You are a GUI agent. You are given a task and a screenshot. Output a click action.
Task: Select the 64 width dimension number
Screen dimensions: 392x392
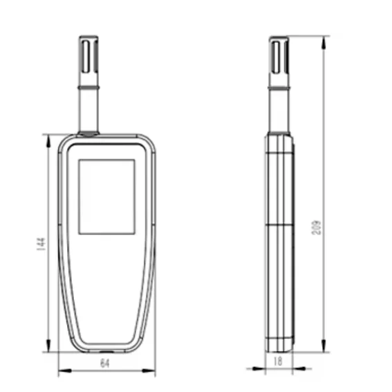click(x=105, y=363)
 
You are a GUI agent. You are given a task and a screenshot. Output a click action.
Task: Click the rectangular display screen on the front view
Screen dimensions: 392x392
click(x=106, y=197)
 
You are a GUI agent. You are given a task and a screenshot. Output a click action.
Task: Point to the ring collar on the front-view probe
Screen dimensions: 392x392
click(x=90, y=89)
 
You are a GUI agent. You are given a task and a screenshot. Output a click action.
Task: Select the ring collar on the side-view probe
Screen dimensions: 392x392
click(x=279, y=89)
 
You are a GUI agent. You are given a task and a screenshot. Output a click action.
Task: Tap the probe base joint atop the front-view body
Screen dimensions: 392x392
click(x=90, y=133)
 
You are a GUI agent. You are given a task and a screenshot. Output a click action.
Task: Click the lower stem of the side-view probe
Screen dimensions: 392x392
click(x=279, y=114)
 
